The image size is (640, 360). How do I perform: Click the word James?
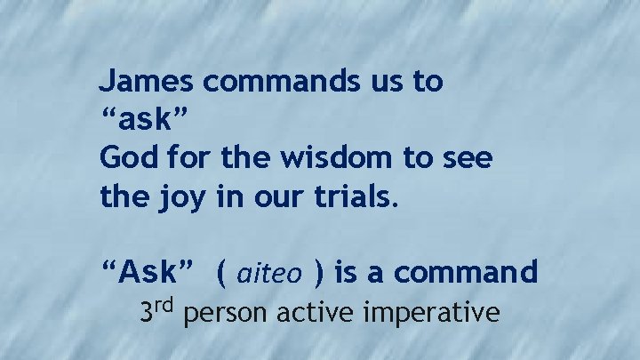(x=148, y=83)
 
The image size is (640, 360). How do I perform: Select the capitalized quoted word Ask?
(x=148, y=272)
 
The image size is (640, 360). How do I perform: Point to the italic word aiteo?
(x=269, y=274)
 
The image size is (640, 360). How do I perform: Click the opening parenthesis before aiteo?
(x=220, y=274)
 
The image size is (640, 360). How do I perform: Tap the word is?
(x=346, y=272)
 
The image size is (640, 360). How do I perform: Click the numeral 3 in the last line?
(x=148, y=312)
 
